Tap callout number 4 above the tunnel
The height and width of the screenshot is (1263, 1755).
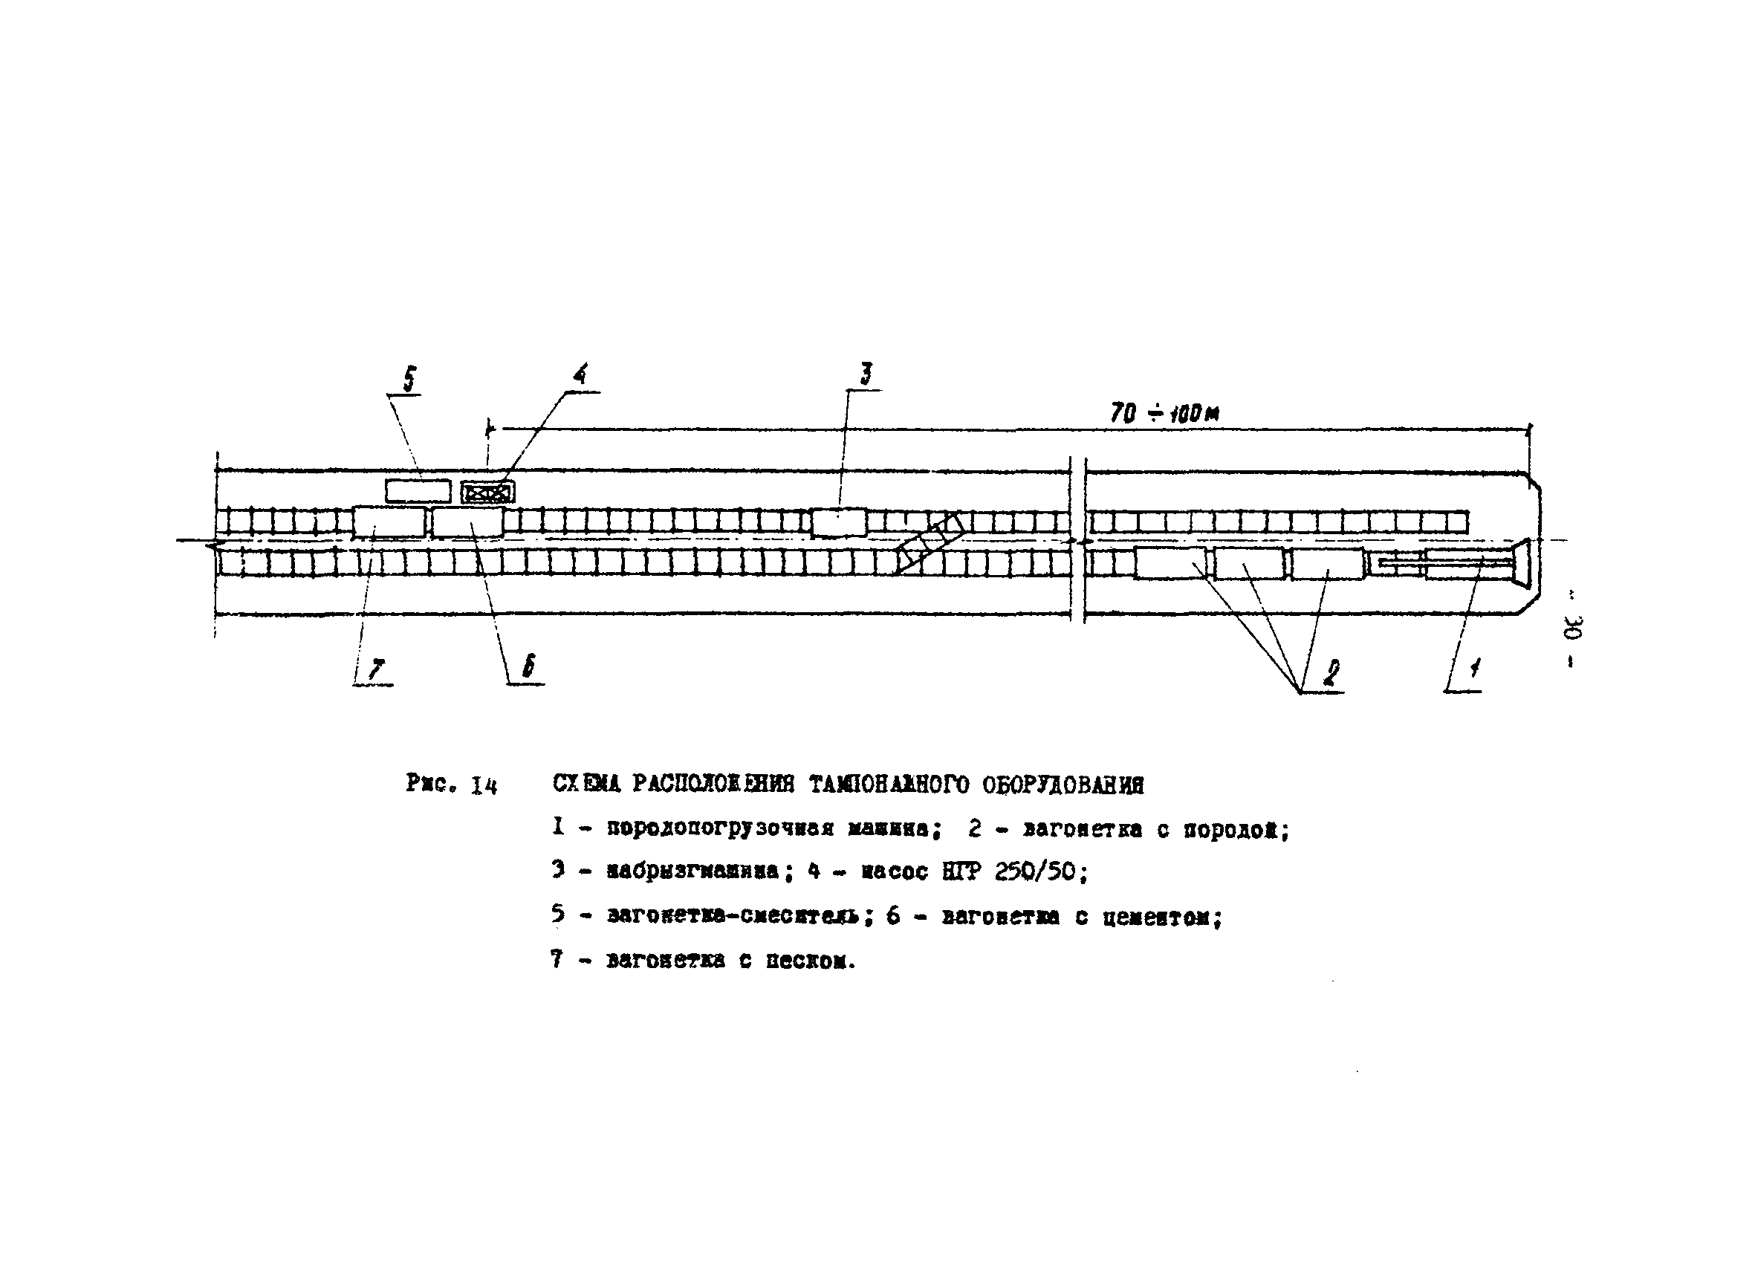[580, 374]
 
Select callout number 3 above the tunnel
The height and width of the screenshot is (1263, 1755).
[866, 374]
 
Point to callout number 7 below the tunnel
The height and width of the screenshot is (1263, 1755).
[377, 669]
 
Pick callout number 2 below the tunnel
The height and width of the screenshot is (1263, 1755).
[1330, 672]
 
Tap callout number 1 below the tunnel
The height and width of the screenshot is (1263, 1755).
[1475, 667]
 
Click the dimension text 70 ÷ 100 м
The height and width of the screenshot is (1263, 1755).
[1164, 413]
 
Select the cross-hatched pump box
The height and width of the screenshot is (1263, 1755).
[487, 492]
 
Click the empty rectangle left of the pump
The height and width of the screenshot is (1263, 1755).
[418, 491]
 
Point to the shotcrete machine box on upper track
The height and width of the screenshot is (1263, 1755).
[839, 522]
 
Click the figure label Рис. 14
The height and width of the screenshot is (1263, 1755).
[451, 785]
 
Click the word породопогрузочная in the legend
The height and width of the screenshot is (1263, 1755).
[720, 830]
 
